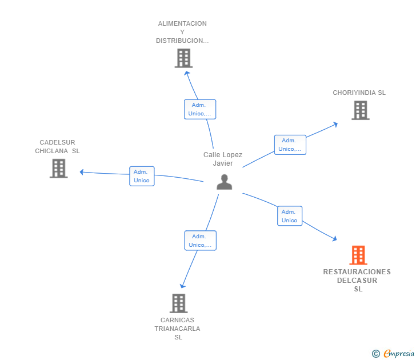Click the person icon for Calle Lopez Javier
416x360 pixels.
pyautogui.click(x=224, y=182)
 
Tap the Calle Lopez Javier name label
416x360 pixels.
pyautogui.click(x=223, y=159)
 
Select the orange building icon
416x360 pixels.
pyautogui.click(x=358, y=255)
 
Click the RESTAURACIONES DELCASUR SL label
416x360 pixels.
pyautogui.click(x=357, y=281)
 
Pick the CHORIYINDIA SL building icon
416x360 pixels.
pyautogui.click(x=361, y=110)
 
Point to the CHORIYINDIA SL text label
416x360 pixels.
pyautogui.click(x=359, y=93)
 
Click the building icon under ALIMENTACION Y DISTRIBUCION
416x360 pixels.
pyautogui.click(x=183, y=58)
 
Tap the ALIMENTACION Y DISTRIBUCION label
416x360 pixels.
pyautogui.click(x=182, y=32)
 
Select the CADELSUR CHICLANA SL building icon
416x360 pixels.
pyautogui.click(x=59, y=169)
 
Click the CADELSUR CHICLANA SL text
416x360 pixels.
pyautogui.click(x=57, y=147)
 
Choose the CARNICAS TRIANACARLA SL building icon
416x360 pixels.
pyautogui.click(x=178, y=303)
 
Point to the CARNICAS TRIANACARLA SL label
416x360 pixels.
pyautogui.click(x=178, y=329)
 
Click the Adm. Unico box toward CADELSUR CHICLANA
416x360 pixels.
pyautogui.click(x=142, y=176)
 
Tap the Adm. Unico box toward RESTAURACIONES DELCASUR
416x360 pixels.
pyautogui.click(x=290, y=216)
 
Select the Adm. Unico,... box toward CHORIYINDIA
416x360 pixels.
pyautogui.click(x=290, y=145)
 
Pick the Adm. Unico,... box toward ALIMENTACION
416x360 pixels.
pyautogui.click(x=200, y=109)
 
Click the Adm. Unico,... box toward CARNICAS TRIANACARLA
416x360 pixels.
pyautogui.click(x=201, y=241)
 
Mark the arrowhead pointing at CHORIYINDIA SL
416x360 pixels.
pyautogui.click(x=335, y=124)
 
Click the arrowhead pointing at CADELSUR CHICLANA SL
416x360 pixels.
pyautogui.click(x=82, y=172)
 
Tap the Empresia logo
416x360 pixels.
pyautogui.click(x=393, y=353)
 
